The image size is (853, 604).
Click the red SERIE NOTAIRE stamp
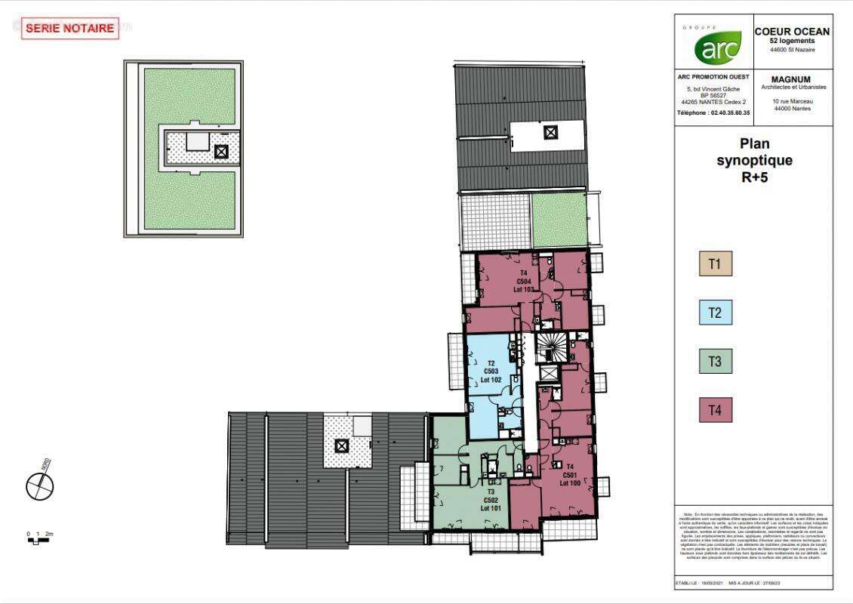tap(69, 29)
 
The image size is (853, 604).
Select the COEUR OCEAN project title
tap(792, 32)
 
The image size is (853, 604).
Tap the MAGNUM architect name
tap(791, 79)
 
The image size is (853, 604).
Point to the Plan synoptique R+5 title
tap(754, 160)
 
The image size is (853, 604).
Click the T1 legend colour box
tap(715, 263)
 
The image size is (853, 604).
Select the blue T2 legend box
tap(715, 313)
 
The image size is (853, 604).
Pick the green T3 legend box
tap(715, 362)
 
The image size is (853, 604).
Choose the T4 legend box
tap(715, 411)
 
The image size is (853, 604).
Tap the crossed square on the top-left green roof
tap(221, 151)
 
